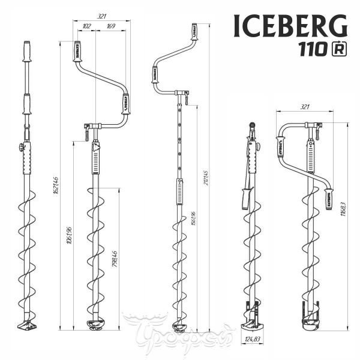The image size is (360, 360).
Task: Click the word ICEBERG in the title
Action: pos(290,26)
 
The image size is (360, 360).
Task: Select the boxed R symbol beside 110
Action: pos(339,50)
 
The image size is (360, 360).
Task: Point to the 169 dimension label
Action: pos(112,26)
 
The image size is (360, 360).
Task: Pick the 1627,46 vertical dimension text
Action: pos(55,186)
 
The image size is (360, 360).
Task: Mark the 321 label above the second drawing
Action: pos(102,17)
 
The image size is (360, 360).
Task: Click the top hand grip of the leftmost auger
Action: pos(27,52)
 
